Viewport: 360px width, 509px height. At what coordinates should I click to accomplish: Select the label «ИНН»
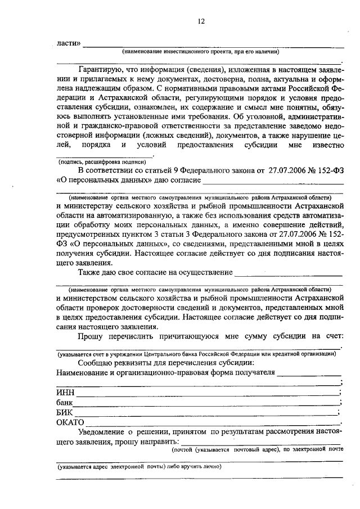point(65,392)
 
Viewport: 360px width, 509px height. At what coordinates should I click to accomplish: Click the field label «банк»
point(65,403)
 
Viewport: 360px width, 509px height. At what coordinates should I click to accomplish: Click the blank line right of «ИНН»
point(208,394)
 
